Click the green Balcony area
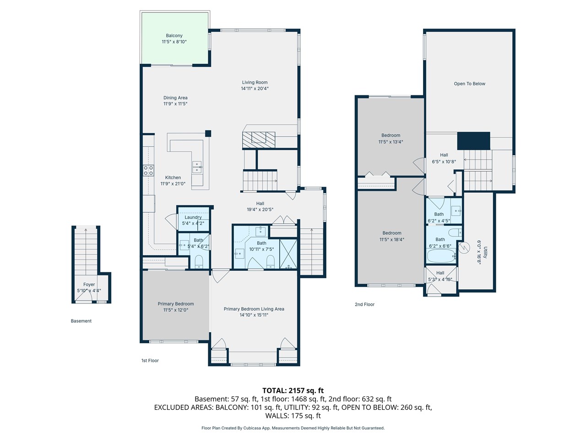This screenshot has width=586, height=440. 174,38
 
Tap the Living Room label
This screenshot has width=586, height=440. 255,82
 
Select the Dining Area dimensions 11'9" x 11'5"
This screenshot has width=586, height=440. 175,104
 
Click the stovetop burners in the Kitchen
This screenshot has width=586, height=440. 148,170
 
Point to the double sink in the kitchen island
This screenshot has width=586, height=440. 197,167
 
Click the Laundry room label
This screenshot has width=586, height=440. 193,217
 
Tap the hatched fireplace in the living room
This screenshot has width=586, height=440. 259,140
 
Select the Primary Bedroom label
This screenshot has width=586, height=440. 176,304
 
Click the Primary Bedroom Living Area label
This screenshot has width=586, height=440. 254,309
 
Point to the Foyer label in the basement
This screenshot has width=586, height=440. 89,285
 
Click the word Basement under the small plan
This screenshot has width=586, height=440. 81,321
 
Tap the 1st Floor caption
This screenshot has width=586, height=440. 150,360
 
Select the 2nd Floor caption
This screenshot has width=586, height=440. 364,304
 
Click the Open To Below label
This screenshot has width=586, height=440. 470,83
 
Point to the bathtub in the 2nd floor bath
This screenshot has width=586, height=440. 441,256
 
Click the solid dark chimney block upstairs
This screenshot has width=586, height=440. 473,141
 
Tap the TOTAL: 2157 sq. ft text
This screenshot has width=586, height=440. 293,390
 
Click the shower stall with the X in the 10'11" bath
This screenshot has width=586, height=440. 288,254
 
